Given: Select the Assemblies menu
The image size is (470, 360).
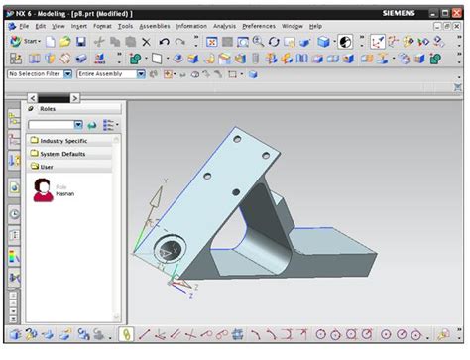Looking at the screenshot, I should pos(154,26).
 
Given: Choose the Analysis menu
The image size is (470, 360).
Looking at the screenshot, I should pos(225,26).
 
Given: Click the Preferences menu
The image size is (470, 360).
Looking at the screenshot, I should pos(259,26).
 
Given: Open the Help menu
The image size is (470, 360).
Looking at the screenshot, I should pos(315,26).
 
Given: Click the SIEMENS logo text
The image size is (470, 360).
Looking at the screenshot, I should pos(402,11).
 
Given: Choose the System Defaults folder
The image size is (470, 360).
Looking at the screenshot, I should pos(63,154).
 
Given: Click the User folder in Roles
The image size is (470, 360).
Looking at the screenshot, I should pos(47,167).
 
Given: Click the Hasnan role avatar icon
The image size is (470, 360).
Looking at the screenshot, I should pos(43,189).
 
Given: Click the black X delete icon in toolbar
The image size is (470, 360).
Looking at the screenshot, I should pos(146,42).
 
